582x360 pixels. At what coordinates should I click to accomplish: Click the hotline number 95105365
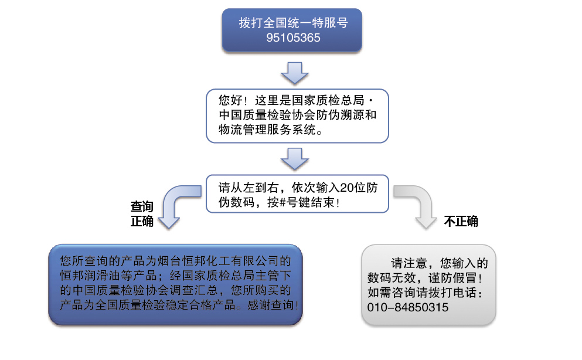[x=293, y=38]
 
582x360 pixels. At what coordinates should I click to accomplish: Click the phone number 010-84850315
[x=408, y=307]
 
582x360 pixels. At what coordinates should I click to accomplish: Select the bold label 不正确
[x=461, y=222]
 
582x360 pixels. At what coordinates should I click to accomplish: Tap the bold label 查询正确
[x=142, y=214]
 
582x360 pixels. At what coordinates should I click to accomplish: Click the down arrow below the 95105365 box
[x=295, y=73]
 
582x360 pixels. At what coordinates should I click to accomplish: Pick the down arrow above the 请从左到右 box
[x=295, y=159]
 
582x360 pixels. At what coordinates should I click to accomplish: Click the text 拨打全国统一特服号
[x=293, y=23]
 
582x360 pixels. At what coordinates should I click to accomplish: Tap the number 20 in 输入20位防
[x=346, y=188]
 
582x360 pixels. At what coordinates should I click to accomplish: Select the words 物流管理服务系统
[x=267, y=130]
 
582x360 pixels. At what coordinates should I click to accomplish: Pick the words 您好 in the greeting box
[x=230, y=100]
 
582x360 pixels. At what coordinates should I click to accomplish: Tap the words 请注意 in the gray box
[x=409, y=263]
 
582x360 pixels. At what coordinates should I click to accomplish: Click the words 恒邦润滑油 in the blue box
[x=90, y=276]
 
